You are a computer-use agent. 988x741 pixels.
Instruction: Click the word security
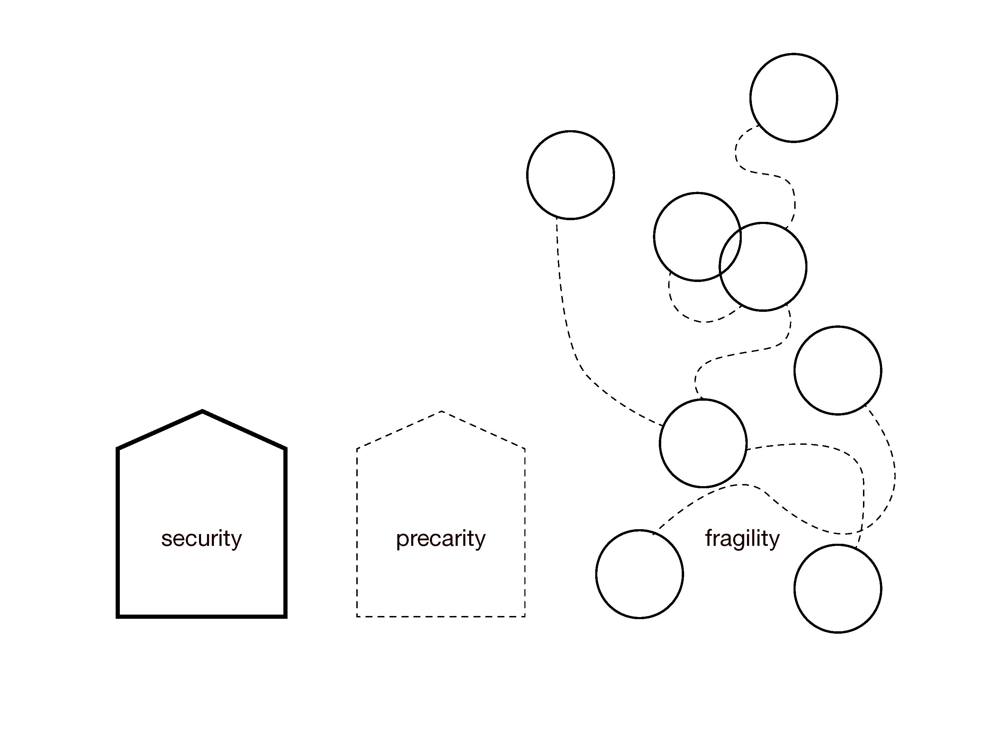pos(201,538)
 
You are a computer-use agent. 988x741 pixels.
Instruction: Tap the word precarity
pos(440,538)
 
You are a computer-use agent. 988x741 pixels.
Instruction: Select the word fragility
pos(742,538)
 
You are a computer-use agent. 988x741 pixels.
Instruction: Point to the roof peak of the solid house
pos(202,411)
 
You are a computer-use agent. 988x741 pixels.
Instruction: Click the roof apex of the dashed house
pos(441,411)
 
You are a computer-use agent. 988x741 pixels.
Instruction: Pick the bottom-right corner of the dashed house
pos(524,616)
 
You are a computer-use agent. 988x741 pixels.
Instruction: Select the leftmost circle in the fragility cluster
pos(570,175)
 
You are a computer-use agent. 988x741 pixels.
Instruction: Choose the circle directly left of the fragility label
pos(639,574)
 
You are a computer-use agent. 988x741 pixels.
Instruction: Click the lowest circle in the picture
pos(838,588)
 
